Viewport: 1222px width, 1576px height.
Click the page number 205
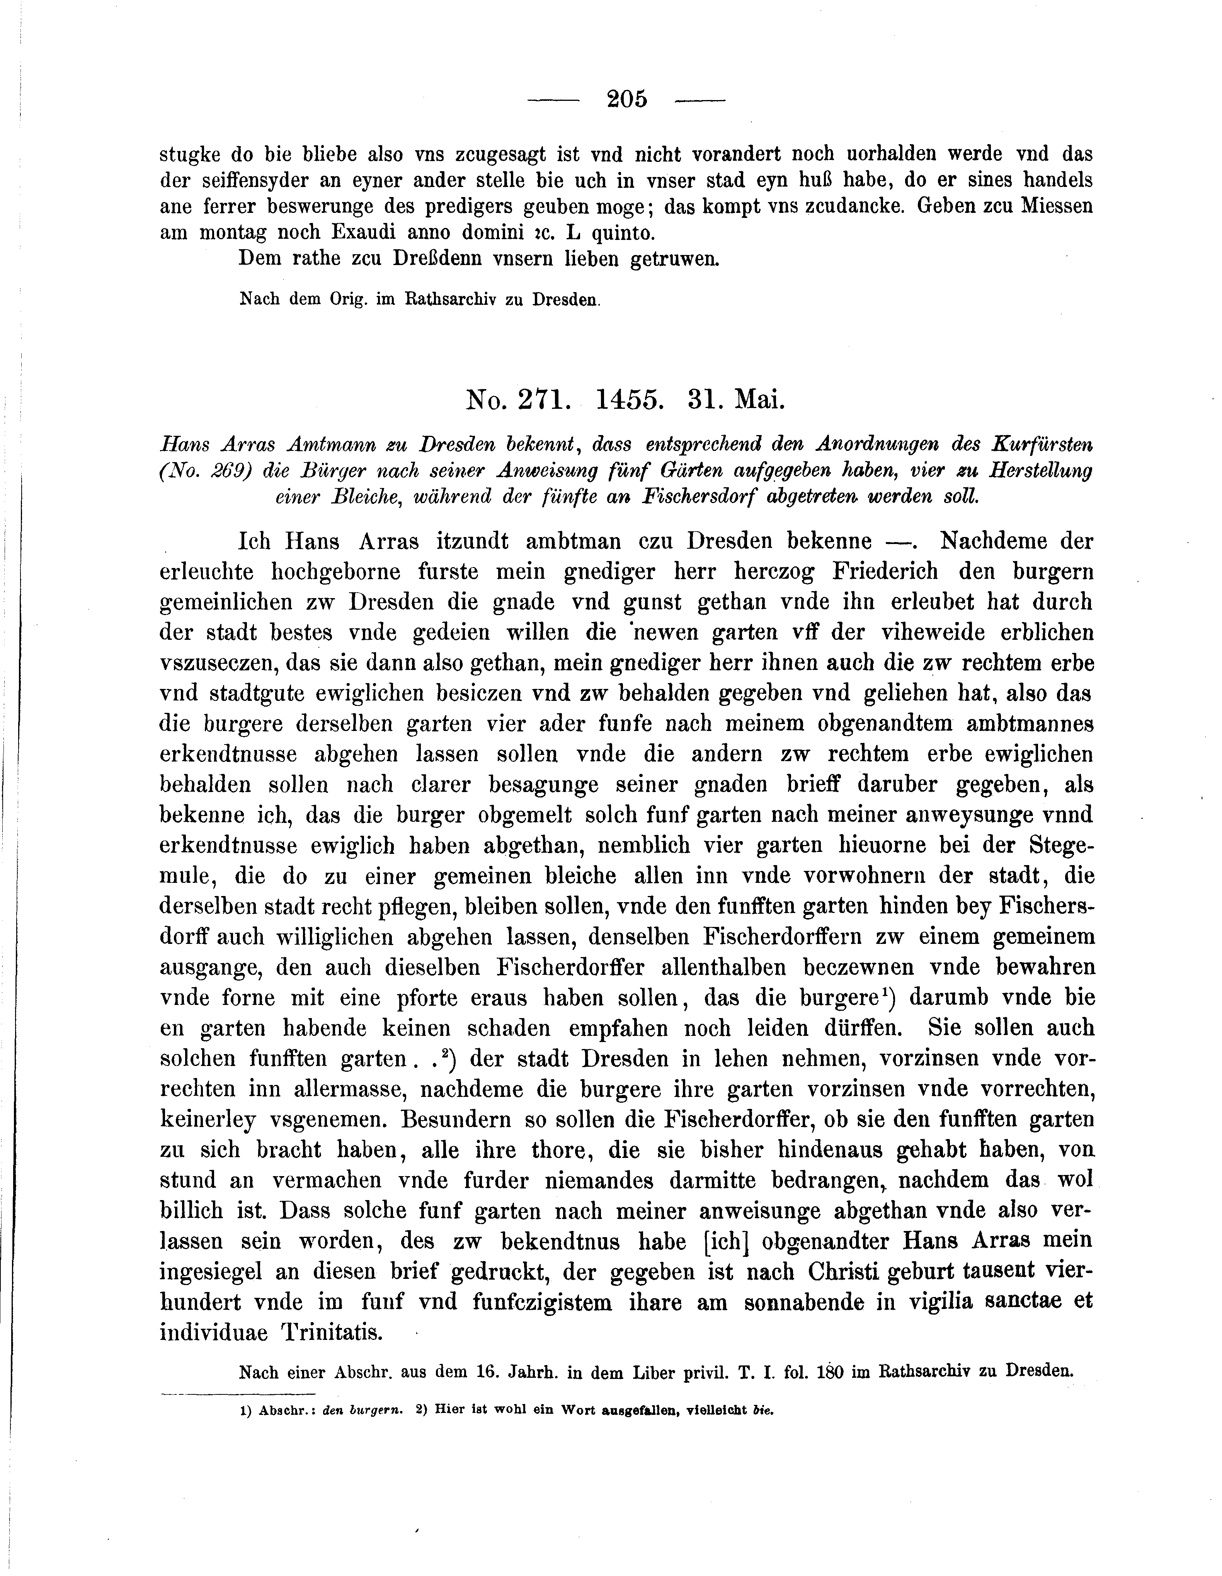tap(627, 99)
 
